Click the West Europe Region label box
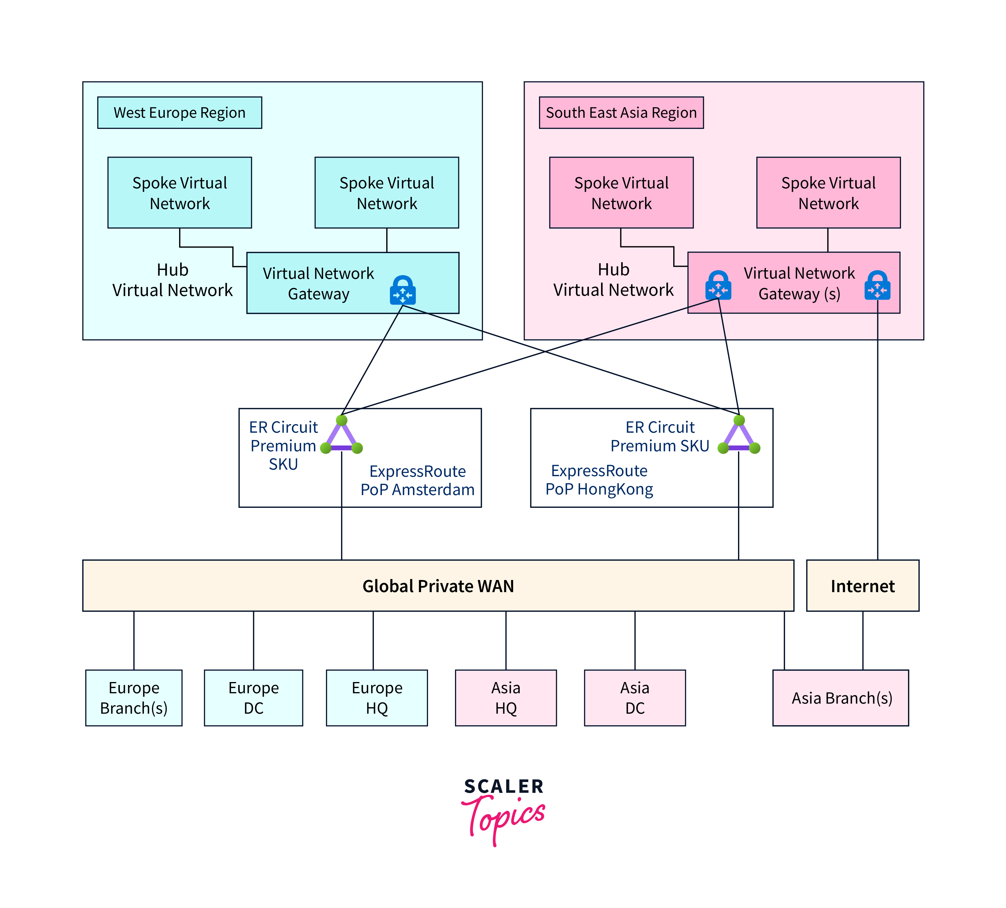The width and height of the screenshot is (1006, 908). (x=180, y=113)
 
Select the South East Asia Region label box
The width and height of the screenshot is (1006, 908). (x=621, y=113)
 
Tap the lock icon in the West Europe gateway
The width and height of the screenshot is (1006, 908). (x=403, y=290)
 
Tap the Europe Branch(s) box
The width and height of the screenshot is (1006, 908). (x=134, y=697)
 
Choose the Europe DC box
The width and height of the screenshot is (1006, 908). (x=253, y=697)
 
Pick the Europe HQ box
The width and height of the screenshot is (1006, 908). (x=377, y=697)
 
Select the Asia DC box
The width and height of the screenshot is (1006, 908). (x=635, y=697)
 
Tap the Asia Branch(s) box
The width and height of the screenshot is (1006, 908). (x=841, y=697)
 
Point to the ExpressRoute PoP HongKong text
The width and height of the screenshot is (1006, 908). (x=599, y=480)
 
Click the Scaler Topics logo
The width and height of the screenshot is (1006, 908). (x=503, y=811)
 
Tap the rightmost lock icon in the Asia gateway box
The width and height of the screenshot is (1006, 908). (x=877, y=286)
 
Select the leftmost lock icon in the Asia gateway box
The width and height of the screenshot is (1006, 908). (x=718, y=286)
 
